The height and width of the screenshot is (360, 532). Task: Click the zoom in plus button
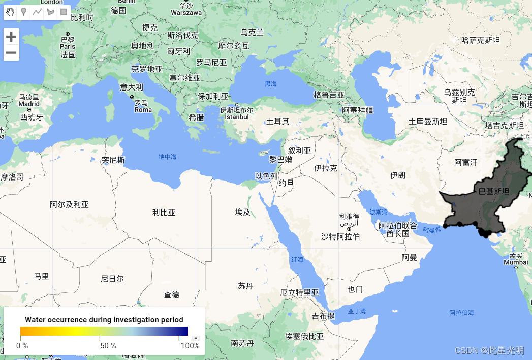point(11,37)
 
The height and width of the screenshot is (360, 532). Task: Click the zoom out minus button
point(11,52)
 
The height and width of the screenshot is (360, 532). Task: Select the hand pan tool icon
point(11,12)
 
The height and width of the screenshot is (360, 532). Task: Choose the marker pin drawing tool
point(23,12)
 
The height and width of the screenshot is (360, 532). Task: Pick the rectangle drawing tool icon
point(64,12)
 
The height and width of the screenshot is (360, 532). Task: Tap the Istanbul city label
point(237,117)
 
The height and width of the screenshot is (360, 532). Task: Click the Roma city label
point(143,109)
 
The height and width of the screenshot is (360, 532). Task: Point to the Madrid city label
point(29,104)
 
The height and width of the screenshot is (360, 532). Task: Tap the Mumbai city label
point(516,262)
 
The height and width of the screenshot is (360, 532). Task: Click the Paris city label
point(67,46)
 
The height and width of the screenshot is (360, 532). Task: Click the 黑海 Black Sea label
point(271,83)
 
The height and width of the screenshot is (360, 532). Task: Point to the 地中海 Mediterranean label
point(167,157)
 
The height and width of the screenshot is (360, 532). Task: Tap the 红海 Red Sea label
point(297,259)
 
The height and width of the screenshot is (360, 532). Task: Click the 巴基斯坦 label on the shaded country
point(493,192)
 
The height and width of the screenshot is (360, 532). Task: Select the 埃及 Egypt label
point(242,212)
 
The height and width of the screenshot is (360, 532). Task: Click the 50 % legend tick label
point(108,346)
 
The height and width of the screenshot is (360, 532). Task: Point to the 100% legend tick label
point(190,346)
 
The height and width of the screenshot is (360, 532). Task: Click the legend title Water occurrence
point(104,320)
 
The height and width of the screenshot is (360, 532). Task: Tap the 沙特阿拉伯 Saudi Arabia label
point(340,236)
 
